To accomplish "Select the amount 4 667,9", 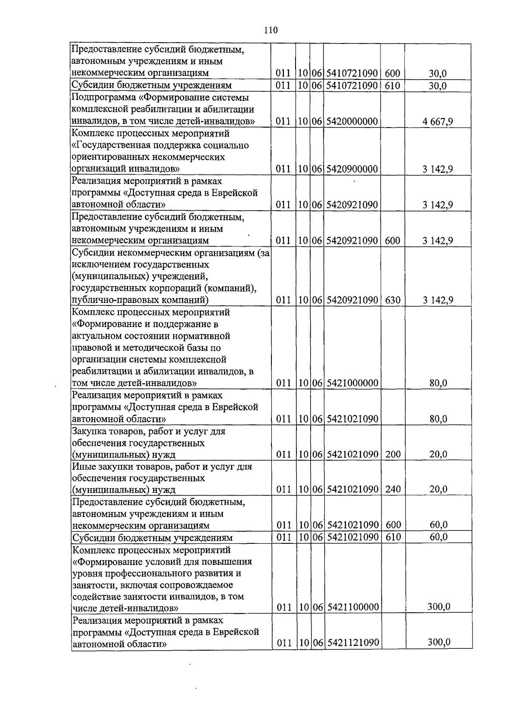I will pos(438,122).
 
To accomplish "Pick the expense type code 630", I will pos(392,300).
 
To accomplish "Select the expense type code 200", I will pos(392,454).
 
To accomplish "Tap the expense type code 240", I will pos(392,489).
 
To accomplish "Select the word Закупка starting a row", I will pos(88,431).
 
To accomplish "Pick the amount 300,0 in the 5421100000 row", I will pos(439,607).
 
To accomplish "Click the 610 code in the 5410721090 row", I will pos(392,86).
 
